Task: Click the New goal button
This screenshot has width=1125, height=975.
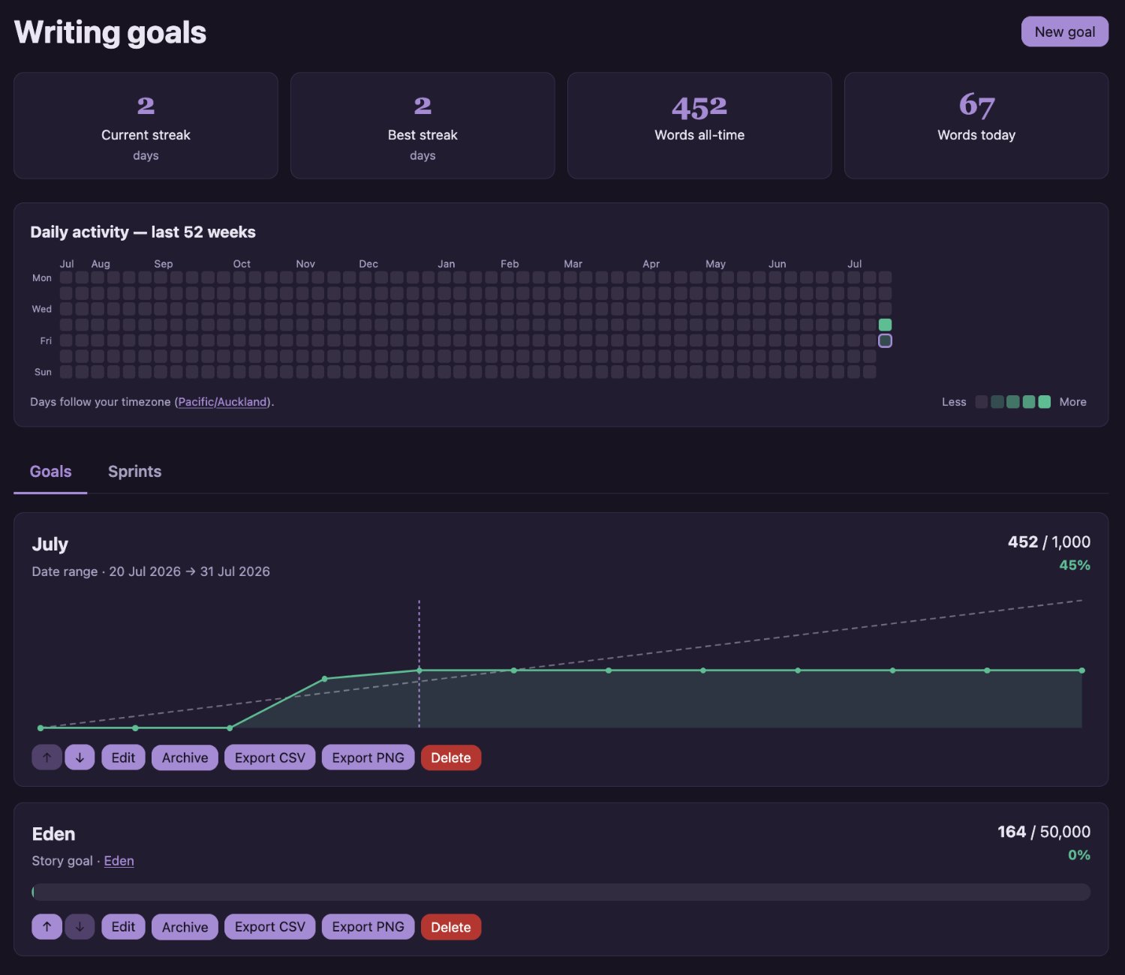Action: [1064, 31]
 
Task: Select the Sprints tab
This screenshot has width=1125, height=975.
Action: [134, 471]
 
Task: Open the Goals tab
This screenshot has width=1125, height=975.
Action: [50, 471]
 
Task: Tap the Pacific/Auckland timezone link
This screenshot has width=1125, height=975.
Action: [223, 401]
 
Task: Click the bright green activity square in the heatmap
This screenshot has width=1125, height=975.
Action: [885, 325]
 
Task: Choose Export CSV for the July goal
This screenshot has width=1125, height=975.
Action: [269, 757]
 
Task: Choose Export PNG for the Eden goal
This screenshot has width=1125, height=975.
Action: [368, 927]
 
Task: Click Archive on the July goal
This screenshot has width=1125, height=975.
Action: [185, 757]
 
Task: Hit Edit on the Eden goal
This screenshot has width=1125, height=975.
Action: [123, 927]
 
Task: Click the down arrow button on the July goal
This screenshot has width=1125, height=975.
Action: [80, 757]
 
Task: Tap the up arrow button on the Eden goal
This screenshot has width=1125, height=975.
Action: [47, 927]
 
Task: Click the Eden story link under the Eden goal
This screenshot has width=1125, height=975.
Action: [119, 861]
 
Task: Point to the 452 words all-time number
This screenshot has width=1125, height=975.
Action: [699, 107]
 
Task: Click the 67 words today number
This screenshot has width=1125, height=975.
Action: [976, 105]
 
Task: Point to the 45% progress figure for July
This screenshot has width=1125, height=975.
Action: [1075, 565]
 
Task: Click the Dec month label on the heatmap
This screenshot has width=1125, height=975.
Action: [368, 264]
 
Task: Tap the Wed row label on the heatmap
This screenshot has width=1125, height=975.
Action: [42, 309]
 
